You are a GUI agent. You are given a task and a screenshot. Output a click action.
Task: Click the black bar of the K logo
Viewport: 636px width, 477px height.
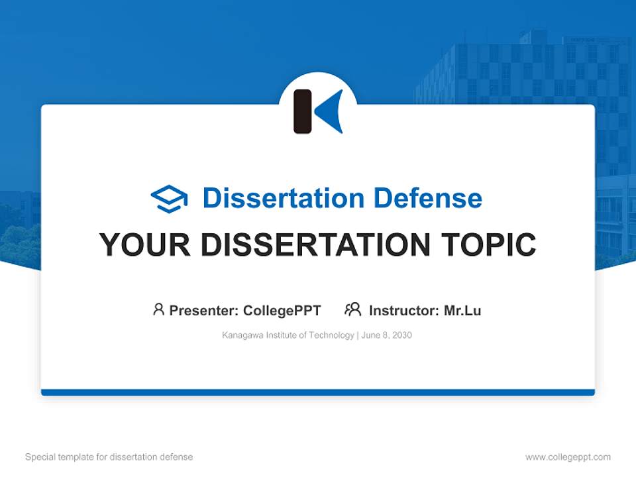302,111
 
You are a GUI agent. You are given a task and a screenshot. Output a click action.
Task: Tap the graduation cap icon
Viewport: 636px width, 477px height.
169,199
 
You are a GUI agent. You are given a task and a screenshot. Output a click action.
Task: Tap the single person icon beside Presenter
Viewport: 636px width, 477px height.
158,309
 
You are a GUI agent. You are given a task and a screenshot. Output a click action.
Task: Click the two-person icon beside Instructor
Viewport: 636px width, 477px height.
352,309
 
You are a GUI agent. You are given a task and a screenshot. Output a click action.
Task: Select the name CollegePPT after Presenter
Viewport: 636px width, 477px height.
282,310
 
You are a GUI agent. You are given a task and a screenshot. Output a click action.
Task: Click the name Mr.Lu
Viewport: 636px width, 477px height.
462,310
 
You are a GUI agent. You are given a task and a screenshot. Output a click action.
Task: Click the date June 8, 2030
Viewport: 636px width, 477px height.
387,335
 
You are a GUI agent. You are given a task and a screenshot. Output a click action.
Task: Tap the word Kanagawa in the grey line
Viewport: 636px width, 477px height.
241,335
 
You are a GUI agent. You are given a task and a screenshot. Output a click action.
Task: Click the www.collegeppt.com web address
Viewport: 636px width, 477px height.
568,457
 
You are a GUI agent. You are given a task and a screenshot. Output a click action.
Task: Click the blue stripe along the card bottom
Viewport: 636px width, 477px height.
318,392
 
